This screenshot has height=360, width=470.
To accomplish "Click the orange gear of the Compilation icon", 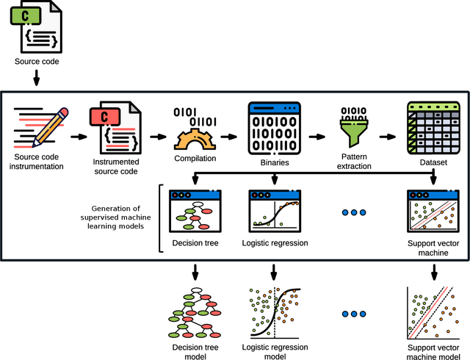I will click(x=195, y=138).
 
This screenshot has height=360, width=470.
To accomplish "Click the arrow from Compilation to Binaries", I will click(x=228, y=137).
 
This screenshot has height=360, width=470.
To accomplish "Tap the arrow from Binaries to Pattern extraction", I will click(x=317, y=137).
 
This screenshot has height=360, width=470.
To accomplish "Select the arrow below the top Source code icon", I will click(x=35, y=76).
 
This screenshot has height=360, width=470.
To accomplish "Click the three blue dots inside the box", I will click(x=354, y=212).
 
